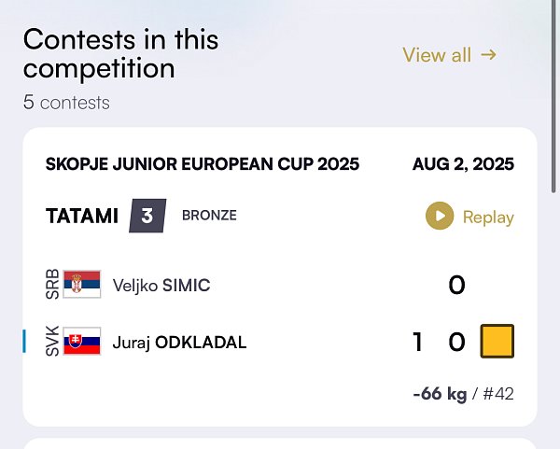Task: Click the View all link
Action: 450,55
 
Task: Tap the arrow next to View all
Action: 488,55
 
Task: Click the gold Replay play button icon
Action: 440,216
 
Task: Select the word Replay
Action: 488,217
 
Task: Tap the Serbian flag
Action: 82,285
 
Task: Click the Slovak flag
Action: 82,341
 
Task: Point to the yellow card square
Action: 497,341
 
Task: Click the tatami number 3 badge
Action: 147,216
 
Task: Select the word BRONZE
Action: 209,216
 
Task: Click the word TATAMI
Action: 82,216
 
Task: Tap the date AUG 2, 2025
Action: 463,164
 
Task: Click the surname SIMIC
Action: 186,285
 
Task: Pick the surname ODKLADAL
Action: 201,343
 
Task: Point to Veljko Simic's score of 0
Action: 456,285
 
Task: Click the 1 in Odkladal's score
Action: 417,342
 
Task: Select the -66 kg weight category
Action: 440,394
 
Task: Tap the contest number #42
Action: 498,394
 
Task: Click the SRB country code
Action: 52,285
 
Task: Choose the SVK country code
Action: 52,341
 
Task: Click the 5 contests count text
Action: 66,103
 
